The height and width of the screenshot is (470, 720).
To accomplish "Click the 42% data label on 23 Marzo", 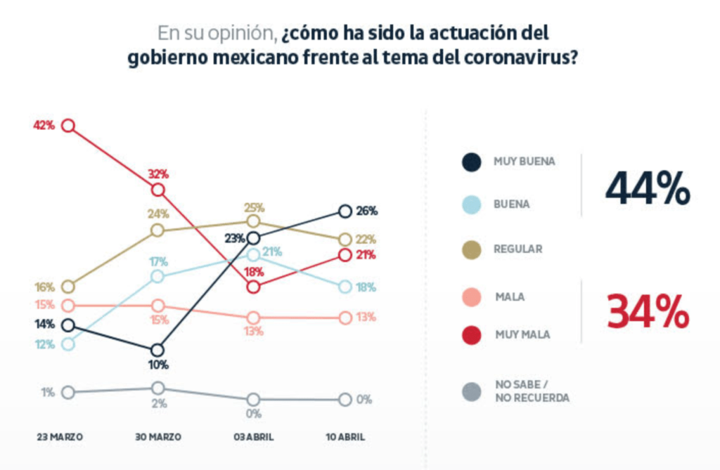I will pos(44,126).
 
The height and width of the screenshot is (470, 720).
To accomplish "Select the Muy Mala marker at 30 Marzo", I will pos(158,190).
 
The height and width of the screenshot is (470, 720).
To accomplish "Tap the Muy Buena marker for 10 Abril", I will pos(345,211).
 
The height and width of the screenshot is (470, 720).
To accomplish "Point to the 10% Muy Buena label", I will pos(158,365).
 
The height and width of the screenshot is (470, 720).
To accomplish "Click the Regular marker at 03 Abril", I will pos(253,222).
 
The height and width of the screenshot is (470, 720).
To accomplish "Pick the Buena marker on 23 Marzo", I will pos(68,344).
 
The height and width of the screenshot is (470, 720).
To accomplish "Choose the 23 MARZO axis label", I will pos(60,437).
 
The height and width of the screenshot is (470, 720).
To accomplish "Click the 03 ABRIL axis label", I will pos(253,437).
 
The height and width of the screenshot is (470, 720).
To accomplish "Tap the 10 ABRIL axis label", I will pos(345,437).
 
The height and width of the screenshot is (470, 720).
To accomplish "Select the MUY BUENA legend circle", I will pos(471,162).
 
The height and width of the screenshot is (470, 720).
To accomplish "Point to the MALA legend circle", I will pos(471,297).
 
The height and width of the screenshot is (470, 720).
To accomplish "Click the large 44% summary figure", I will pos(648,188).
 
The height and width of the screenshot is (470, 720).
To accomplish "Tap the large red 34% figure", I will pos(648,312).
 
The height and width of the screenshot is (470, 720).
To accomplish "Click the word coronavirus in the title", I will pos(517,58).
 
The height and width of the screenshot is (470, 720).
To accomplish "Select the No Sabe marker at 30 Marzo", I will pos(158,388).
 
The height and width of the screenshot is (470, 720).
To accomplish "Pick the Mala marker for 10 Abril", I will pos(345,318).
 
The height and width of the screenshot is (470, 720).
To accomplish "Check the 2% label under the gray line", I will pos(158,403).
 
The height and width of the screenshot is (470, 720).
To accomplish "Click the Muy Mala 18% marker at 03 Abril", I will pos(253,287).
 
